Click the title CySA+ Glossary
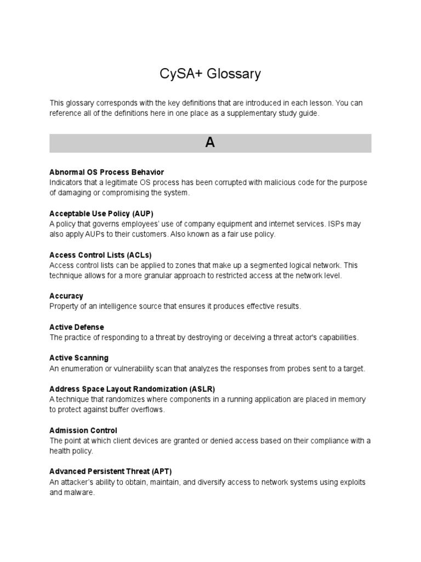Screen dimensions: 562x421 pyautogui.click(x=210, y=74)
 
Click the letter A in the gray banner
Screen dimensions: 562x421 pyautogui.click(x=210, y=143)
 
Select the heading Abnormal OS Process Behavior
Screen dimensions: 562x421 pyautogui.click(x=106, y=172)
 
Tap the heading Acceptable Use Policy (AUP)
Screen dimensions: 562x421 pyautogui.click(x=105, y=213)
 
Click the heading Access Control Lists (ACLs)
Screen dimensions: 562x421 pyautogui.click(x=100, y=255)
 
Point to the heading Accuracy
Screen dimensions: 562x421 pyautogui.click(x=66, y=296)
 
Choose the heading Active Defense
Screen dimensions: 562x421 pyautogui.click(x=76, y=327)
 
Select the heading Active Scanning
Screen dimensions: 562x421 pyautogui.click(x=79, y=358)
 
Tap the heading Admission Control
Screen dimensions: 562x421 pyautogui.click(x=83, y=430)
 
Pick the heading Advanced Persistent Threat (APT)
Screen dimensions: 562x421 pyautogui.click(x=114, y=471)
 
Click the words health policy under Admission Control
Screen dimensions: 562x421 pyautogui.click(x=71, y=451)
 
